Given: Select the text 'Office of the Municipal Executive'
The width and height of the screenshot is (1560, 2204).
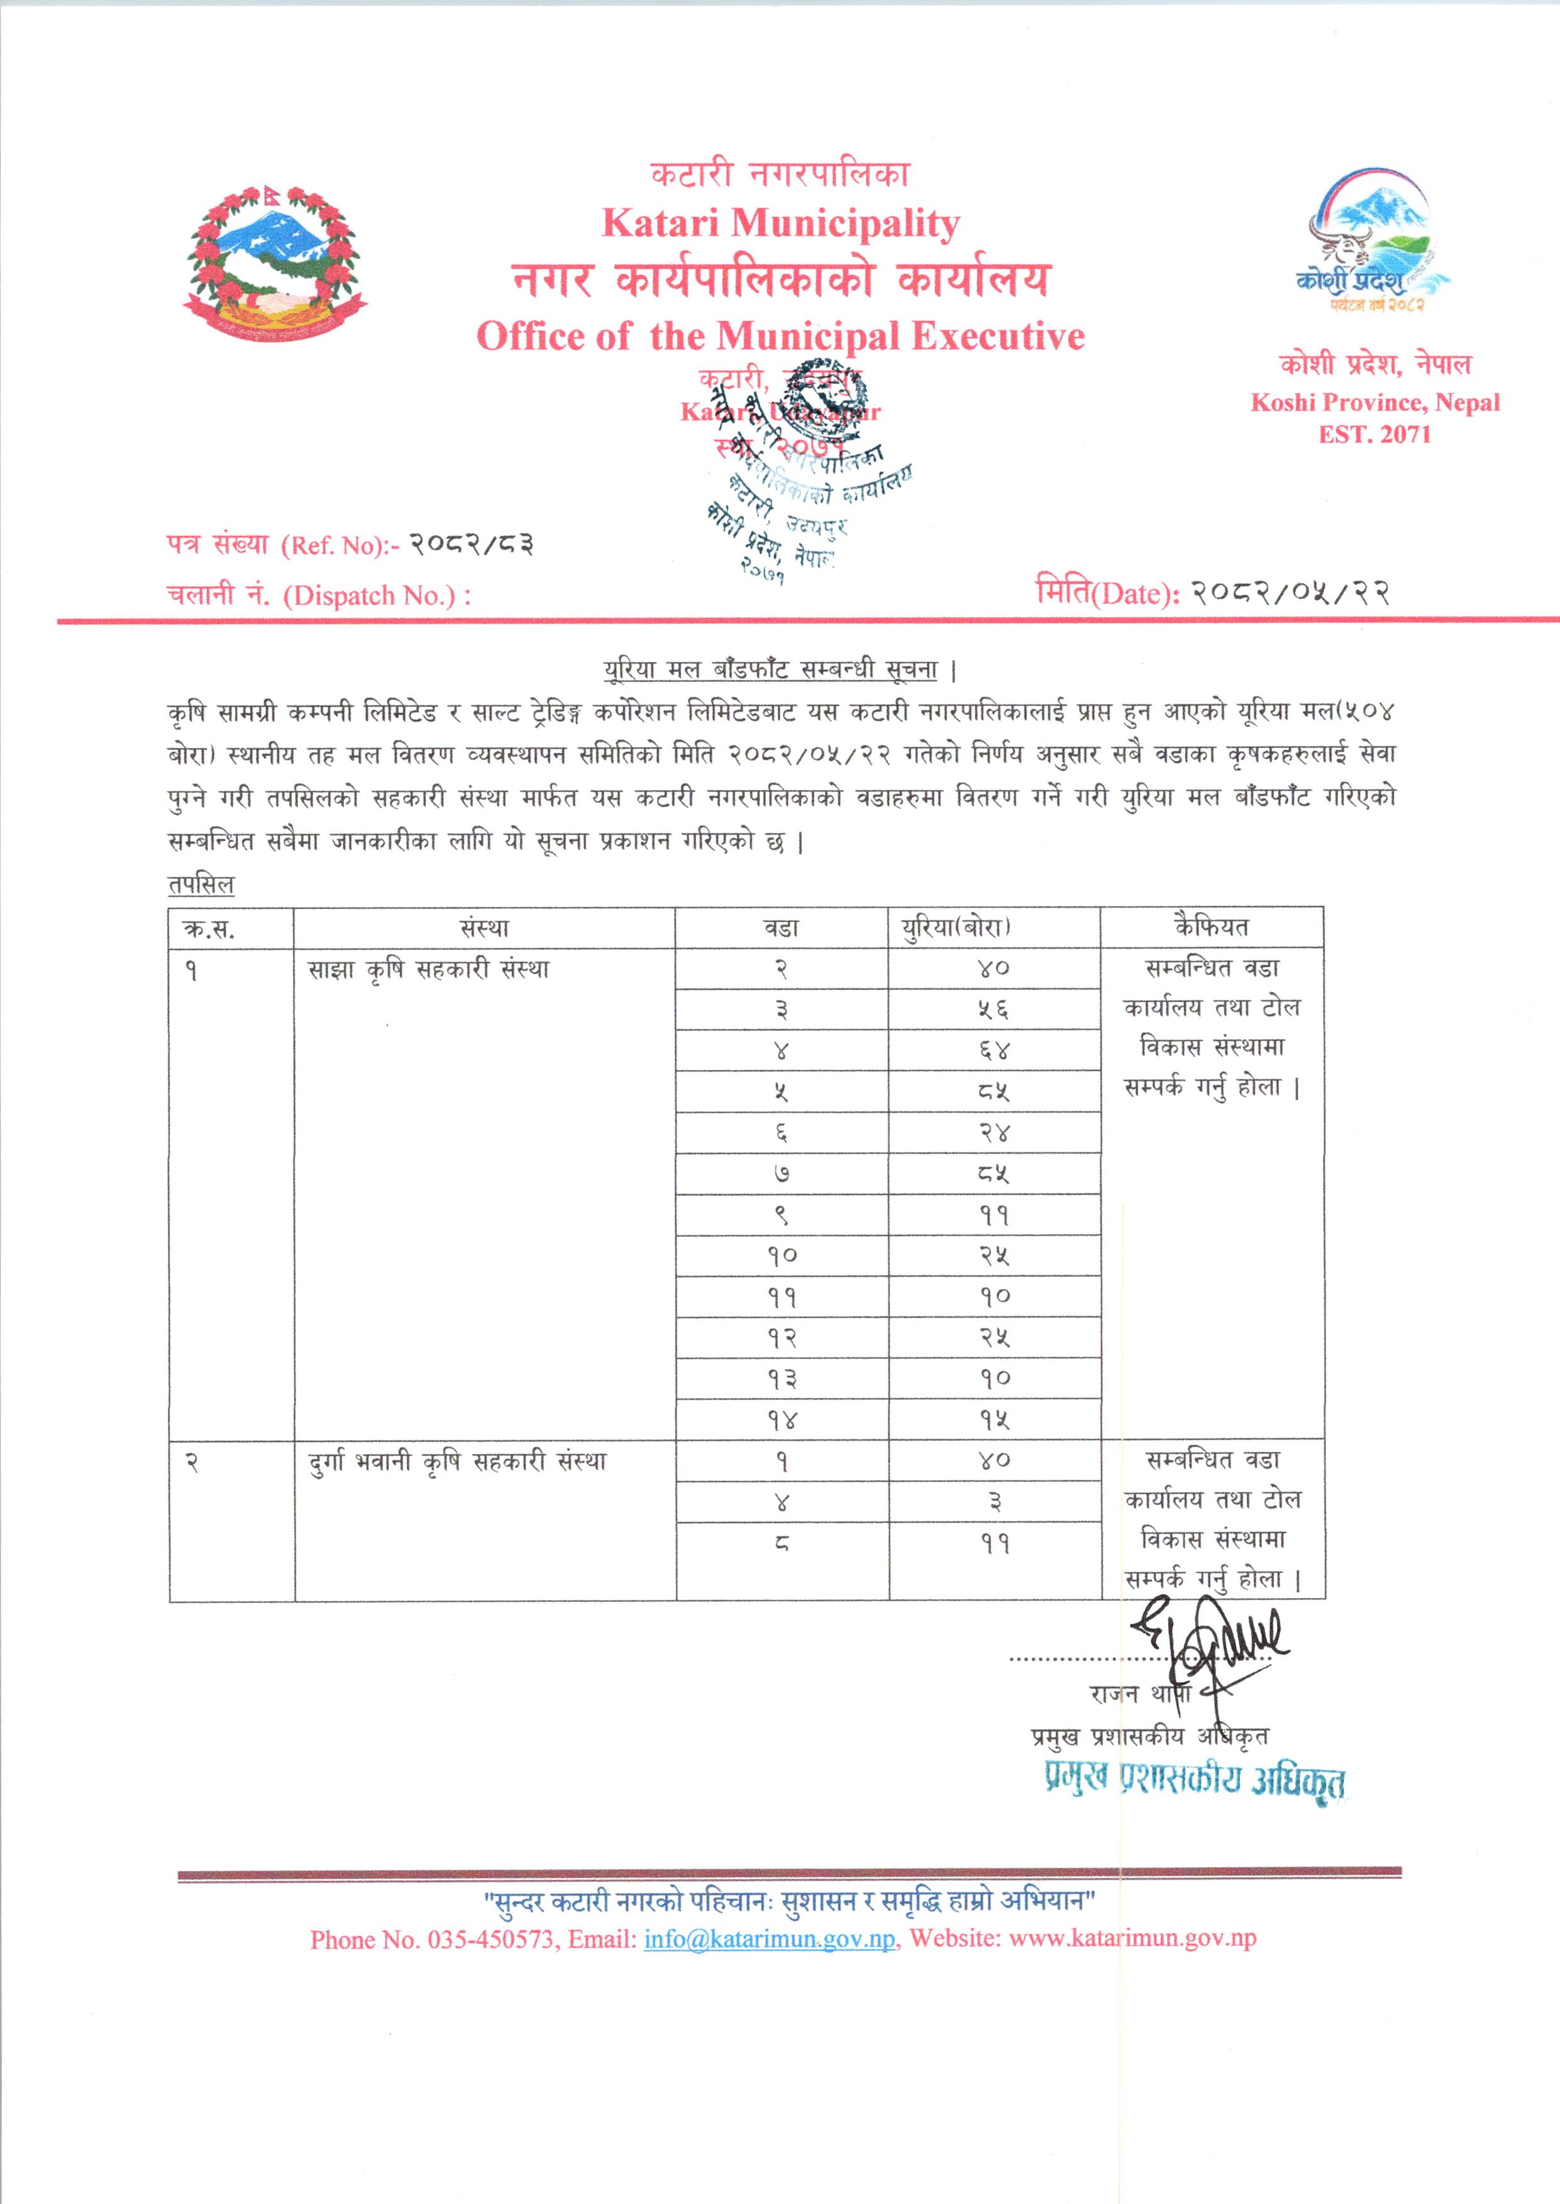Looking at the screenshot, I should [x=780, y=336].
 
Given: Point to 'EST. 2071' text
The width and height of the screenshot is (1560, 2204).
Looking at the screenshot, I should [x=1375, y=434].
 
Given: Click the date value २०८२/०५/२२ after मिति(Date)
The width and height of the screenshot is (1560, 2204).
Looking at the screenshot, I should [x=1290, y=593].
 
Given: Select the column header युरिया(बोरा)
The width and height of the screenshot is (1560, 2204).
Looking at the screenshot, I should [x=994, y=928].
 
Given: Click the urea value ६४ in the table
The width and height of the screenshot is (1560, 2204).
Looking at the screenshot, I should [x=994, y=1050].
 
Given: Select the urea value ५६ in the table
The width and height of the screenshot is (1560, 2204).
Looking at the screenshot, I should [x=994, y=1010].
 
